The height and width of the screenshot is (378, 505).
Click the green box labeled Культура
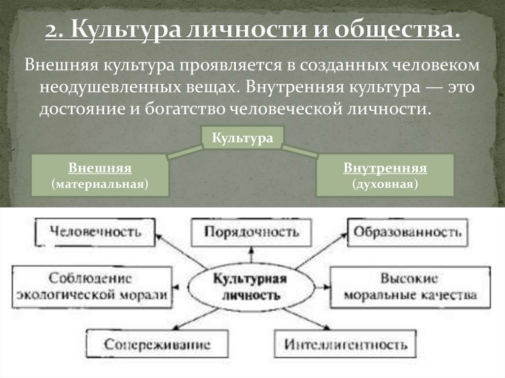coord(242,137)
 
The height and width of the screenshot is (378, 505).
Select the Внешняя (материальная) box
coord(100,175)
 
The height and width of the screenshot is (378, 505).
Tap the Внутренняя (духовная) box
coord(385,175)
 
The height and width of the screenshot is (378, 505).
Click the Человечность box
coord(96,232)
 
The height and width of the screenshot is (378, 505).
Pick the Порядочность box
coord(252,232)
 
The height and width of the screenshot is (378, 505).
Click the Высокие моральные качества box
coord(410,287)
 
